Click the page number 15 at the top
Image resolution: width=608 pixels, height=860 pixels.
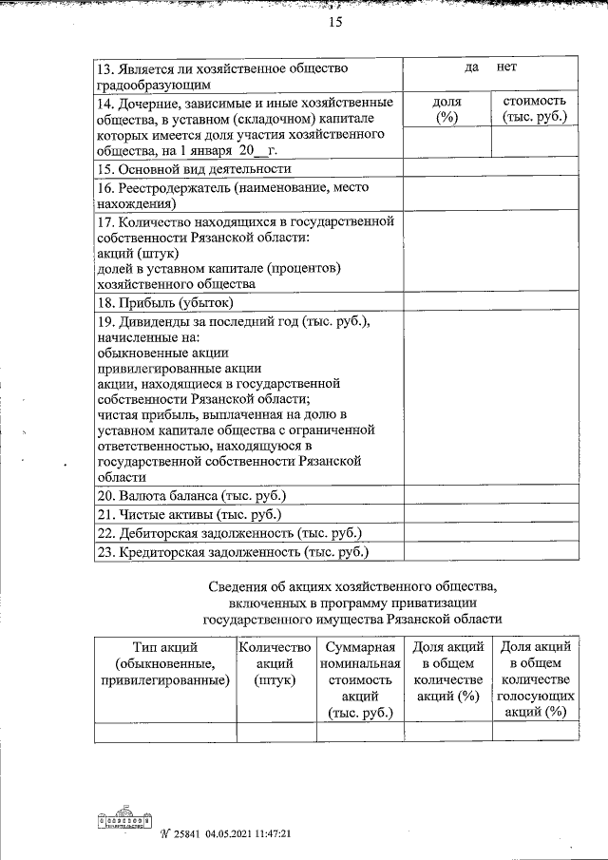click(334, 23)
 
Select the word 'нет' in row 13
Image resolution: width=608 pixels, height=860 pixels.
click(506, 68)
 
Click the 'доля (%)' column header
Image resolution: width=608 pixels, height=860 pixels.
click(446, 109)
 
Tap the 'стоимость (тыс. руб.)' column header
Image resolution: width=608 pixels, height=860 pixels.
click(533, 109)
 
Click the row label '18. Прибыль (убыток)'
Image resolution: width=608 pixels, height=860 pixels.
click(165, 303)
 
